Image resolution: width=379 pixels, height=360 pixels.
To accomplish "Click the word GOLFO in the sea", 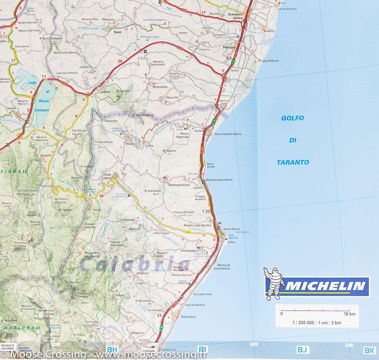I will pyautogui.click(x=292, y=118).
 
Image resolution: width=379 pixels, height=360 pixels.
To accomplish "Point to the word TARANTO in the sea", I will pyautogui.click(x=293, y=162).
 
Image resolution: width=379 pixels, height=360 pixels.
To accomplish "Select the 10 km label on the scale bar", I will pyautogui.click(x=349, y=314).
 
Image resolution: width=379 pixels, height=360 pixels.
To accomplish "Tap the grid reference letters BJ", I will pyautogui.click(x=302, y=350).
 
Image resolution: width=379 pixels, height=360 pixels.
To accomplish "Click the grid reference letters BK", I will pyautogui.click(x=369, y=350).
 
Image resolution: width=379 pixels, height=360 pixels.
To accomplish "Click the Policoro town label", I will pyautogui.click(x=228, y=47).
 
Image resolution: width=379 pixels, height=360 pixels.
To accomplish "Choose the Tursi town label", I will pyautogui.click(x=117, y=32).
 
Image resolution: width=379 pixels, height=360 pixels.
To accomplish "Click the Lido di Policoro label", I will pyautogui.click(x=270, y=60).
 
